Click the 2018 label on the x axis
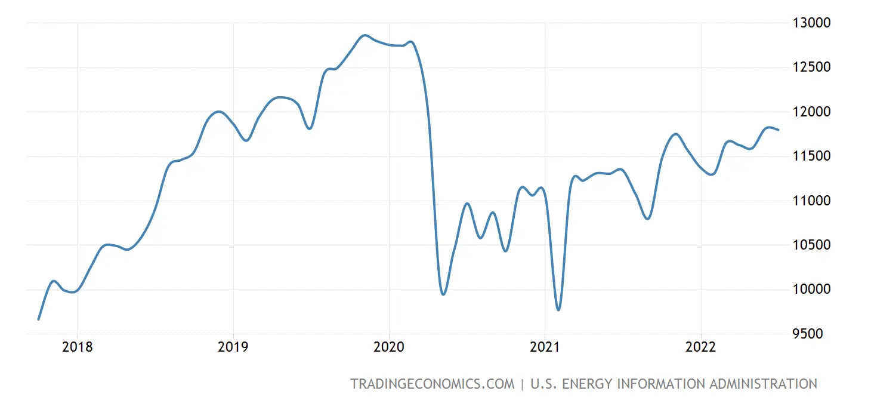(x=78, y=347)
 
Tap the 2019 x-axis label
(x=233, y=347)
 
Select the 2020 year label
(x=389, y=347)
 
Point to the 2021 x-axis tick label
(x=545, y=347)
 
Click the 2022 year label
(x=700, y=347)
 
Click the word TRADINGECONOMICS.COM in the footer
(x=432, y=384)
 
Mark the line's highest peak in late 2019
(x=365, y=35)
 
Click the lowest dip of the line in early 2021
(x=558, y=310)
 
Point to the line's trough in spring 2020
(x=443, y=294)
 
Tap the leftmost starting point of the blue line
(x=39, y=319)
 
